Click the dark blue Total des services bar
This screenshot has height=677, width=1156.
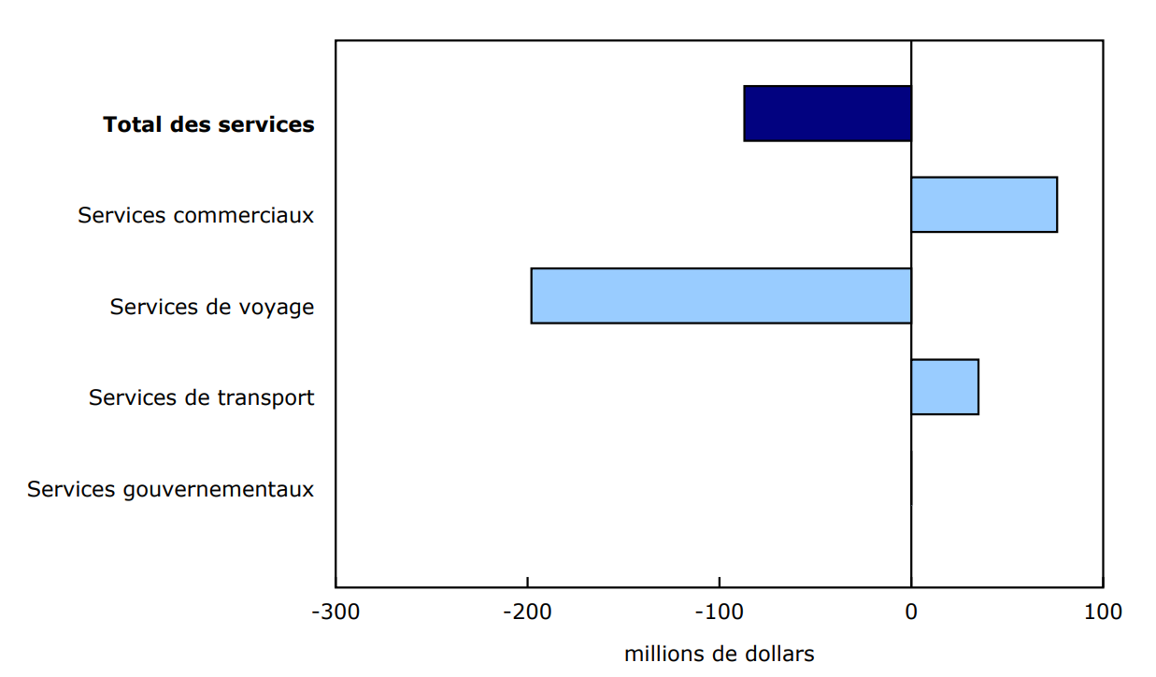827,113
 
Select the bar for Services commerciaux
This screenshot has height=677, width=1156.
983,204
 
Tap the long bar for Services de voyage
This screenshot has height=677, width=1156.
721,295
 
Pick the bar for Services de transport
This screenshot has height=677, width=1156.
944,386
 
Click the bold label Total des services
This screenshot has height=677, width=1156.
208,124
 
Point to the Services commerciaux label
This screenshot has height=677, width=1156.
195,215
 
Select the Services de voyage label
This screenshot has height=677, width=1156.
211,307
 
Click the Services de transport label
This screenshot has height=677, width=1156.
201,397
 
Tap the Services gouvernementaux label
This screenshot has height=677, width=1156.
170,489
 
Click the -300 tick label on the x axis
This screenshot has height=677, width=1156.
335,612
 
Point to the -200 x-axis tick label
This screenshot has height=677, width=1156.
528,612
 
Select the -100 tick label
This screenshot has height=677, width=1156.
720,612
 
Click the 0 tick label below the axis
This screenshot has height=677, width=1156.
911,612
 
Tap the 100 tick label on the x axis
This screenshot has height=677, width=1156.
1103,612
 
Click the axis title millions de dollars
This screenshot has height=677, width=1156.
719,655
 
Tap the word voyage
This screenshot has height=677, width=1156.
277,308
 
